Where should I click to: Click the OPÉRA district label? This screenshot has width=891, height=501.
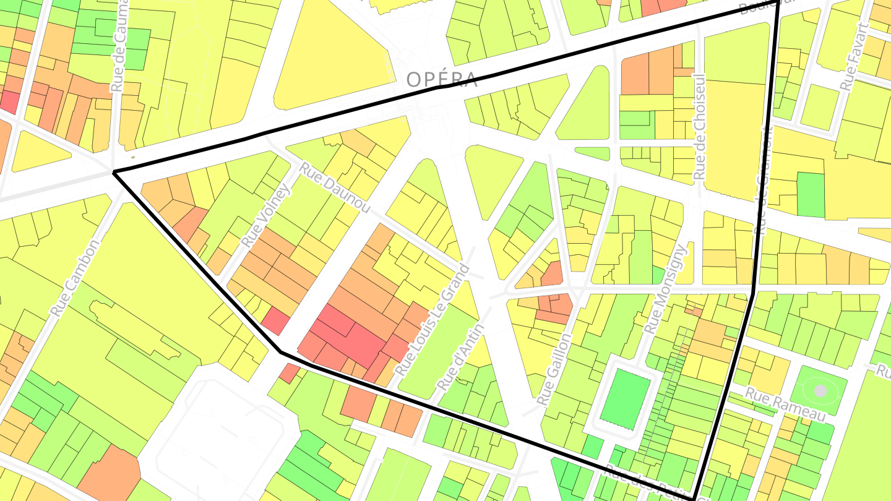click(x=442, y=80)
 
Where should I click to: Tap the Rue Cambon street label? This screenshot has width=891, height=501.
click(x=75, y=278)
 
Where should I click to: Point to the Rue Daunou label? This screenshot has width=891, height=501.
click(x=335, y=187)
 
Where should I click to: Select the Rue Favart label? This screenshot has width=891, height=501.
click(x=854, y=57)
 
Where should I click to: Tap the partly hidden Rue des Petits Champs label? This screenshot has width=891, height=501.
click(x=650, y=486)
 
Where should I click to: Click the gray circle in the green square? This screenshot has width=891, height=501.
click(x=820, y=391)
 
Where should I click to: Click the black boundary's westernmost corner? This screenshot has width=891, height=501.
click(x=114, y=173)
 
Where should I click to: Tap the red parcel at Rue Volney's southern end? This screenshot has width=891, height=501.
click(x=275, y=322)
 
